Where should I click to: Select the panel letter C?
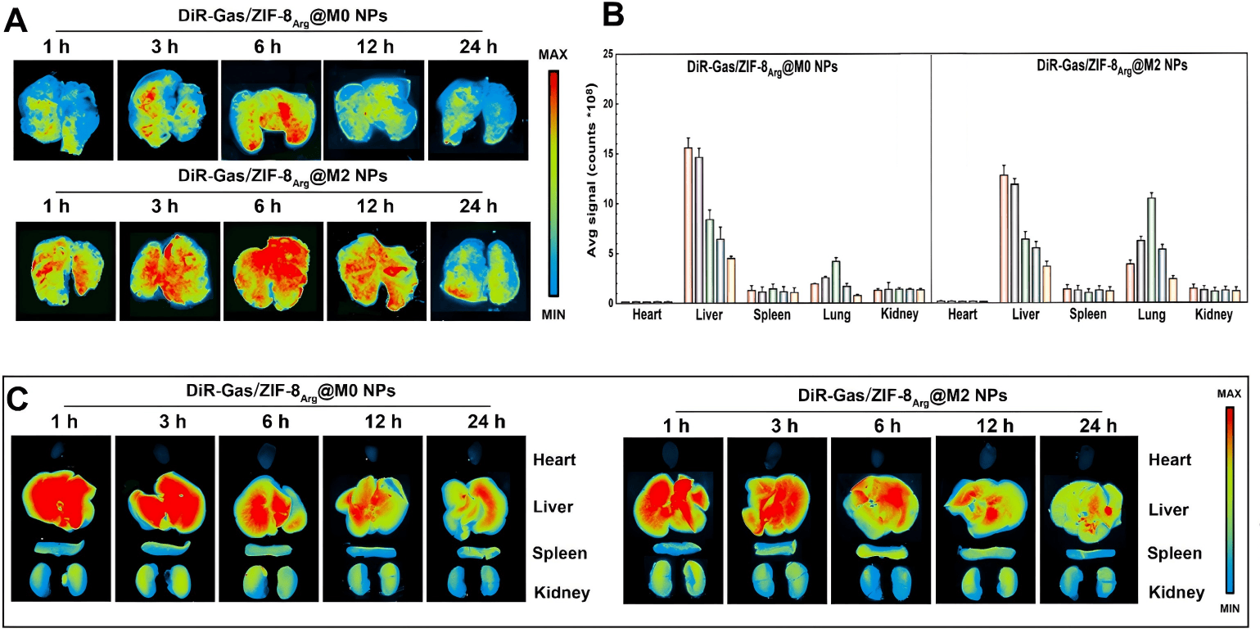[x=20, y=400]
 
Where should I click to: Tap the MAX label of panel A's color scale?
[x=553, y=54]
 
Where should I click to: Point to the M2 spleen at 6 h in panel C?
[x=883, y=551]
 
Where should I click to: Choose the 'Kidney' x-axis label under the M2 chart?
[x=1210, y=316]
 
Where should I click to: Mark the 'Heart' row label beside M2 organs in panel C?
[x=1169, y=460]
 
